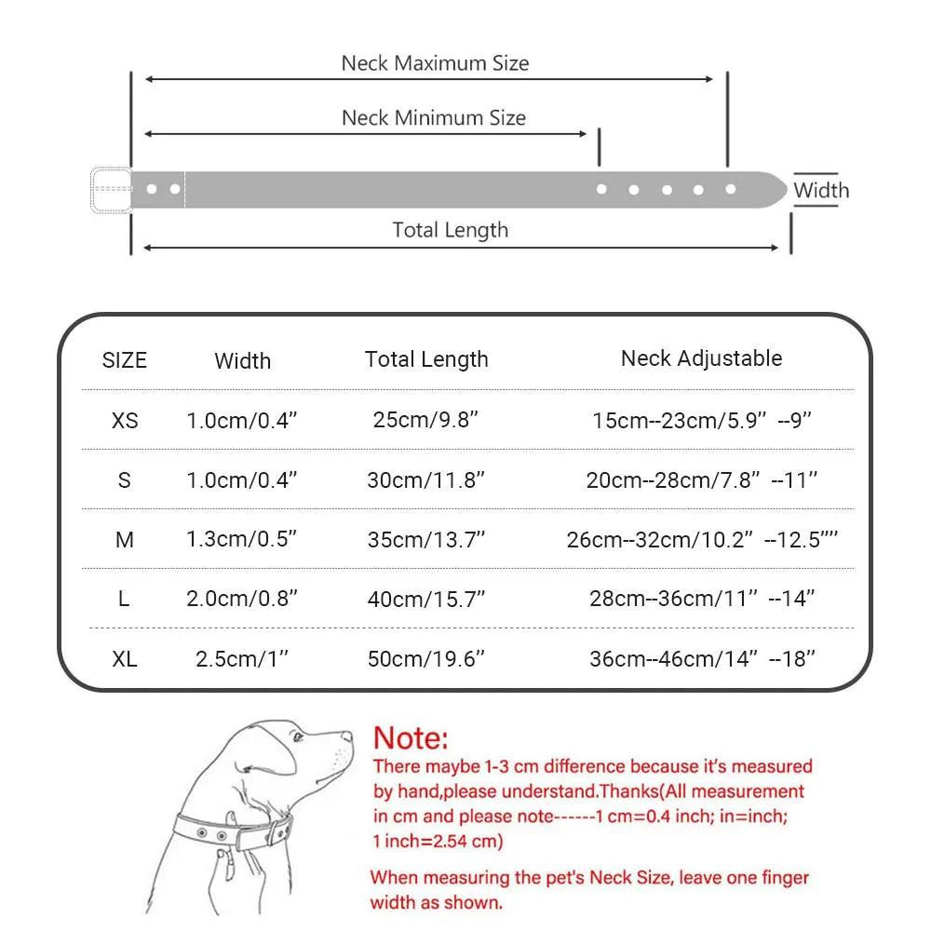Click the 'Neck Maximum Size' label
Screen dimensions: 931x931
pos(435,63)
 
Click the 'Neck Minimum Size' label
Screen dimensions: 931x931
pos(434,118)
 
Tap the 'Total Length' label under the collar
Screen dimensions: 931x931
pos(451,230)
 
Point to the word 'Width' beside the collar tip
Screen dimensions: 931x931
pos(821,190)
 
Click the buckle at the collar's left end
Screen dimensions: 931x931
pos(110,189)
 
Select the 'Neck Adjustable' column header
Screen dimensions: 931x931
pos(701,358)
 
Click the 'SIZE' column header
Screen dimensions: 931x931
pos(125,360)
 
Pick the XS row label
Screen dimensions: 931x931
pos(125,421)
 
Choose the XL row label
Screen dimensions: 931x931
pos(125,659)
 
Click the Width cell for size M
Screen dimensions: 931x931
pos(241,540)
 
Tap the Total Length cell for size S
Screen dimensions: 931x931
pos(426,480)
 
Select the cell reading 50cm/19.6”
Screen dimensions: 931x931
pos(426,659)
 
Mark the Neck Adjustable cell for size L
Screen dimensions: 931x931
pos(702,599)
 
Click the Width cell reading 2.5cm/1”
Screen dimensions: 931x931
pos(241,659)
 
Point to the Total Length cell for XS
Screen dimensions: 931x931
pos(426,420)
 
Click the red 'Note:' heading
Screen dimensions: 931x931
pos(411,738)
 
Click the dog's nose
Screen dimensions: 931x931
pos(349,737)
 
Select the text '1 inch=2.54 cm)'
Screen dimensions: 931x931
pos(438,842)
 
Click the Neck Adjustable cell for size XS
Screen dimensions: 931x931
pos(702,421)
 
